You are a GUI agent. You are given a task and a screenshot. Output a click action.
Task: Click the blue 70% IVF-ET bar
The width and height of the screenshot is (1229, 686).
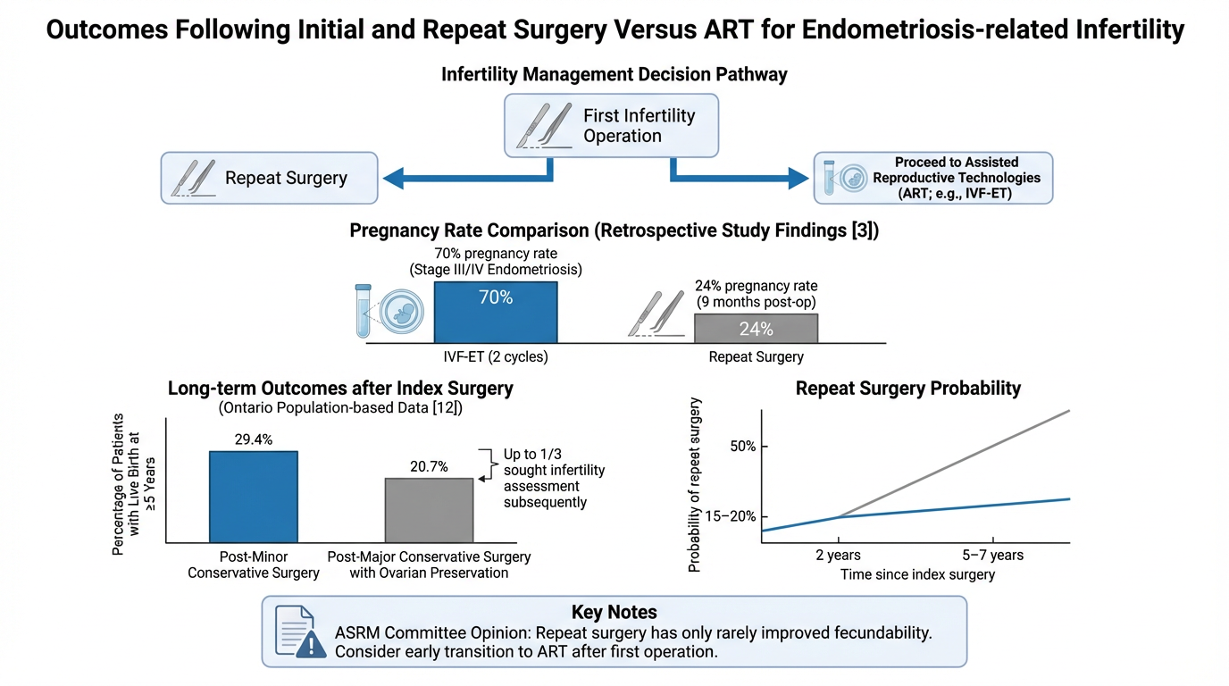pyautogui.click(x=496, y=312)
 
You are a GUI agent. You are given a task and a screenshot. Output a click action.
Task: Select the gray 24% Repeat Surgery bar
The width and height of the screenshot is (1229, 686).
pyautogui.click(x=756, y=329)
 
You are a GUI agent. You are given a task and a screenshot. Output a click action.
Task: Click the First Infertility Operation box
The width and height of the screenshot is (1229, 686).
pyautogui.click(x=612, y=126)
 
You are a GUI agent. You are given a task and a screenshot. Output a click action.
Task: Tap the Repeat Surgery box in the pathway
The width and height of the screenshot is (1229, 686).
pyautogui.click(x=269, y=177)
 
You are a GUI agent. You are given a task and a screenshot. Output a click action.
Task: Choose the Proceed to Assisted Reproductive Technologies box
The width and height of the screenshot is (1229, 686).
pyautogui.click(x=933, y=178)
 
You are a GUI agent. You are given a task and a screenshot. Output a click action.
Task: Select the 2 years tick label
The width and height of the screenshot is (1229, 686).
pyautogui.click(x=838, y=556)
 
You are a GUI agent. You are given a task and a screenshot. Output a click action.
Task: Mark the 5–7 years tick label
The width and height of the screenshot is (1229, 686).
pyautogui.click(x=993, y=556)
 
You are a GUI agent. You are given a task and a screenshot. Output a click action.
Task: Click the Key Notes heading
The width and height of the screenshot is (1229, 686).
pyautogui.click(x=614, y=613)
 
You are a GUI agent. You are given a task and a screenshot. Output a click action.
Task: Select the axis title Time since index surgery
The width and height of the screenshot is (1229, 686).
pyautogui.click(x=917, y=575)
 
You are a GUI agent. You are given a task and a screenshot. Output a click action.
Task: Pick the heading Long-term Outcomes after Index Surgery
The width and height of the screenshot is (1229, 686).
pyautogui.click(x=340, y=389)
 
